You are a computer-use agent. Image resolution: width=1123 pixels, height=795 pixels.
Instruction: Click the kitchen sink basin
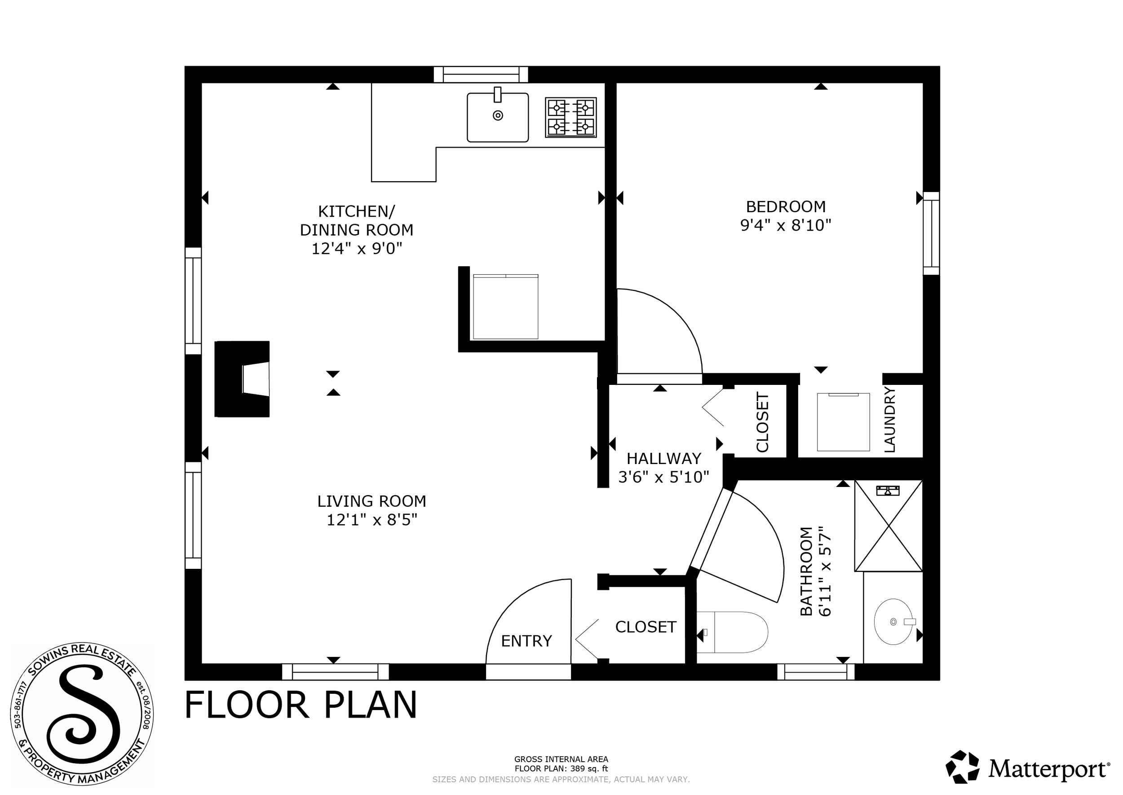[x=497, y=117]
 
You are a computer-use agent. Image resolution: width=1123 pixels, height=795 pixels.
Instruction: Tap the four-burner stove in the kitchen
[x=570, y=117]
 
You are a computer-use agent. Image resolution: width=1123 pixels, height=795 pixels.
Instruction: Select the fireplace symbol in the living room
[x=242, y=379]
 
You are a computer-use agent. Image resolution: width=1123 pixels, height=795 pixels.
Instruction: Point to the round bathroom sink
[x=893, y=622]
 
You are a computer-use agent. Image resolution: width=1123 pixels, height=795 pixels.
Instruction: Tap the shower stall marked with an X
[x=888, y=525]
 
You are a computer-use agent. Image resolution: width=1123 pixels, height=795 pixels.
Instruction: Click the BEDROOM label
[x=786, y=206]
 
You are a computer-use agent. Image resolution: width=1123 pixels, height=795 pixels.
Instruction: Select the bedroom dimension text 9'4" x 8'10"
[x=786, y=225]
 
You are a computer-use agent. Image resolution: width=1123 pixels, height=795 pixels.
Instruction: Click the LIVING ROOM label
[x=372, y=501]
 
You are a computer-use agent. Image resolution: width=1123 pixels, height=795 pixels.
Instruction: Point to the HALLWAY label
[x=664, y=459]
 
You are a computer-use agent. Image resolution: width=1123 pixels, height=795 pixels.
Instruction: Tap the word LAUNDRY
[x=890, y=420]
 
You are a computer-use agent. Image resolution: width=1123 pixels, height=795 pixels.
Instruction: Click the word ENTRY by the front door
[x=526, y=641]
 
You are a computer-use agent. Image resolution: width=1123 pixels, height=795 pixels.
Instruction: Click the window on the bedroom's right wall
[x=931, y=233]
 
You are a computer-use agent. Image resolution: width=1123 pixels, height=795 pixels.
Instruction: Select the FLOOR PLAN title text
[x=301, y=706]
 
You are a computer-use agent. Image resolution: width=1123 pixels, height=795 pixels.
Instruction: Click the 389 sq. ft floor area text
[x=561, y=769]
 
